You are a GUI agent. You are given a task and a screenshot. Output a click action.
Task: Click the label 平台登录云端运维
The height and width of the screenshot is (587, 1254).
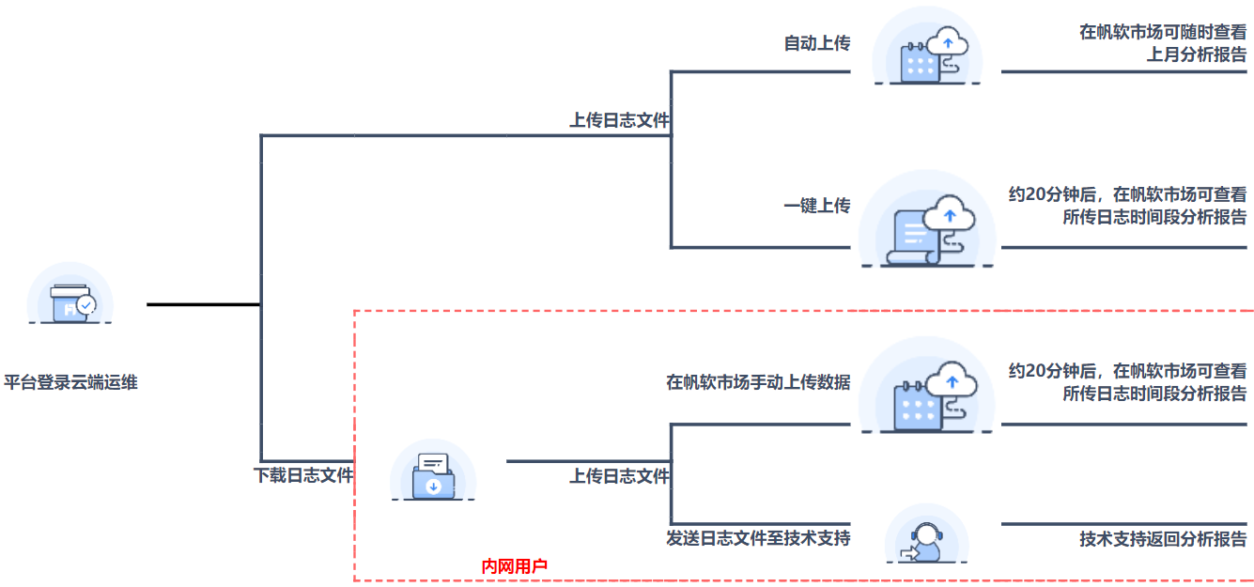click(71, 382)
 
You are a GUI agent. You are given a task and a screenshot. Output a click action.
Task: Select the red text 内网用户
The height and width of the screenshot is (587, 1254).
click(514, 566)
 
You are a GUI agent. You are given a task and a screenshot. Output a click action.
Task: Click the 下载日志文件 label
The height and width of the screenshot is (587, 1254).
click(302, 475)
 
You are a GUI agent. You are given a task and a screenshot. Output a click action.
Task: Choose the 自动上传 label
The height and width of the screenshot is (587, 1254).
click(816, 42)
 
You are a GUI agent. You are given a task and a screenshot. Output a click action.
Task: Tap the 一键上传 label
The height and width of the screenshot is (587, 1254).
click(816, 206)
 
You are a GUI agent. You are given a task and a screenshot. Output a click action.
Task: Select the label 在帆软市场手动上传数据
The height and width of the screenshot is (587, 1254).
click(758, 382)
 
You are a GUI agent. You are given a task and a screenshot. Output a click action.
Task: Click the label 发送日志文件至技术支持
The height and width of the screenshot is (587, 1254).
click(758, 538)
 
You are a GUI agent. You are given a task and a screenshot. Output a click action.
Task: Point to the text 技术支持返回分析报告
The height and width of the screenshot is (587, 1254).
click(1163, 539)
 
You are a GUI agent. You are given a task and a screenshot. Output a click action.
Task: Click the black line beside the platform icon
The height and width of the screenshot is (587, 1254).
click(203, 304)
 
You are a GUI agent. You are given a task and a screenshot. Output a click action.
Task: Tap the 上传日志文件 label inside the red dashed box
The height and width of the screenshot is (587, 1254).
click(619, 476)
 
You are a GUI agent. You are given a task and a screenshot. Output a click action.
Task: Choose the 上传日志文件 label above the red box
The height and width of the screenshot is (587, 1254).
click(619, 120)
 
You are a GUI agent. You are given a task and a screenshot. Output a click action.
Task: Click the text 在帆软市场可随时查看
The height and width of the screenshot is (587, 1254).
click(1163, 32)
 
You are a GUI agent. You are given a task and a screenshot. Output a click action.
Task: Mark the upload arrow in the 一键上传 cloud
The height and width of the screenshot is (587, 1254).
click(951, 216)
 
